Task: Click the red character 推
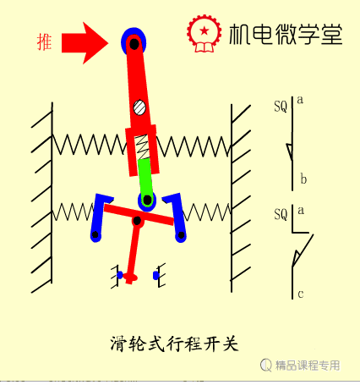pyautogui.click(x=44, y=42)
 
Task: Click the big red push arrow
pyautogui.click(x=85, y=43)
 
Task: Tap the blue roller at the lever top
pyautogui.click(x=134, y=42)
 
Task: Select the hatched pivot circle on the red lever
pyautogui.click(x=139, y=107)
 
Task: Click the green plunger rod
pyautogui.click(x=145, y=177)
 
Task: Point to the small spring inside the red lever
pyautogui.click(x=143, y=146)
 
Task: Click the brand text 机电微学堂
pyautogui.click(x=286, y=34)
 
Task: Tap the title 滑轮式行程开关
pyautogui.click(x=174, y=344)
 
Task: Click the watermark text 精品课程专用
pyautogui.click(x=308, y=366)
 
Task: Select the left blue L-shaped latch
pyautogui.click(x=99, y=217)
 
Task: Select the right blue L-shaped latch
pyautogui.click(x=175, y=217)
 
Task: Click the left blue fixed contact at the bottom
pyautogui.click(x=120, y=275)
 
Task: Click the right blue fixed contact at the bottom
pyautogui.click(x=156, y=275)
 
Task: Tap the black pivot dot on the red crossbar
pyautogui.click(x=137, y=221)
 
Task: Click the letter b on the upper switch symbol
pyautogui.click(x=303, y=179)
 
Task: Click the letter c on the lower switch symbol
pyautogui.click(x=301, y=294)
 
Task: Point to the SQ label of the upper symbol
pyautogui.click(x=281, y=107)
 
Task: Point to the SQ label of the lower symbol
pyautogui.click(x=281, y=214)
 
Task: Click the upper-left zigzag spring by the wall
pyautogui.click(x=90, y=145)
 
